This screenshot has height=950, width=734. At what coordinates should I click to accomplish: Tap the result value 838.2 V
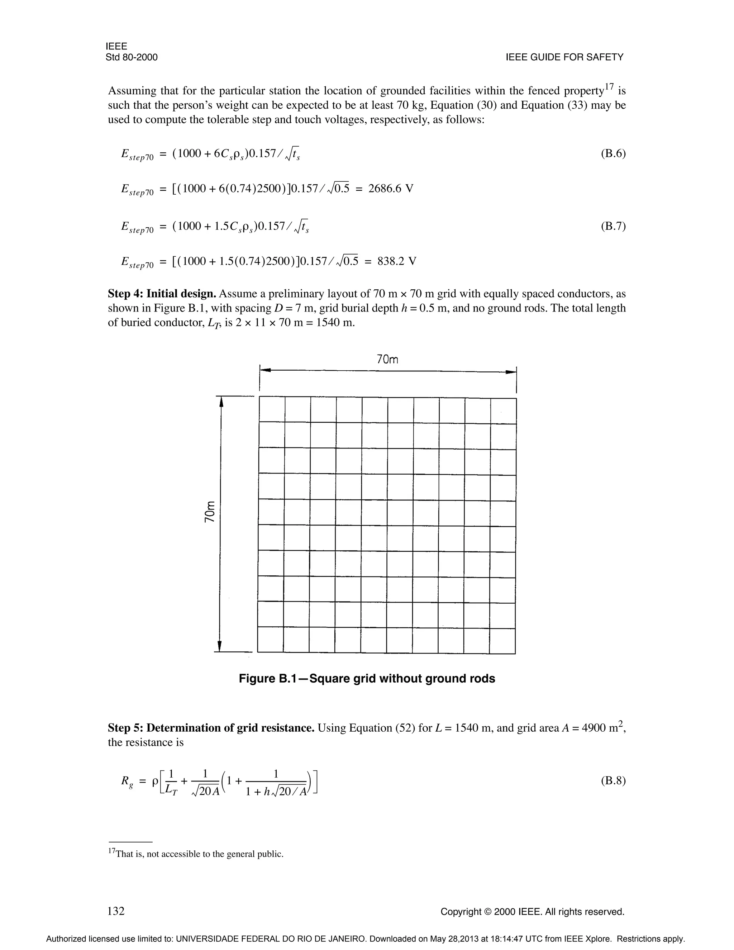tap(397, 261)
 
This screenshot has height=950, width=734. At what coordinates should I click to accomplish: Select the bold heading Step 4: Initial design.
tap(162, 294)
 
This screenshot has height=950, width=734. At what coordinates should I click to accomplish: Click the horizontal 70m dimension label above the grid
tap(387, 359)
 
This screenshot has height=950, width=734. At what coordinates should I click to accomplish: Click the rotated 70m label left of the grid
tap(210, 512)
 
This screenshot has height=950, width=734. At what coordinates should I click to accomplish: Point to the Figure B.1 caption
tap(367, 679)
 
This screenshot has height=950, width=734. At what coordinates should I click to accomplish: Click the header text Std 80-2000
tap(131, 57)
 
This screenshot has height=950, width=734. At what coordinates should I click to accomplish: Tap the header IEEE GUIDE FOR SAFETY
tap(564, 57)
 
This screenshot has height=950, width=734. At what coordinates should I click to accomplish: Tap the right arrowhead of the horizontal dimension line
tap(510, 372)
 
